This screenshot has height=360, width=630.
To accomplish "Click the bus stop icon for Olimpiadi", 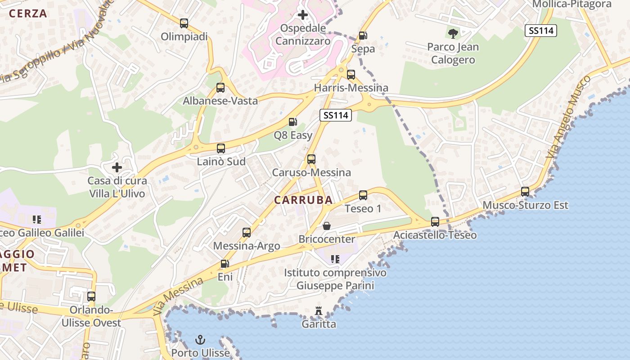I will [x=184, y=23].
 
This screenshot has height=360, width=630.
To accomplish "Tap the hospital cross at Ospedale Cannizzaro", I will [x=303, y=15].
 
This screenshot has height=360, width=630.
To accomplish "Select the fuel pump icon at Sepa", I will [x=363, y=36].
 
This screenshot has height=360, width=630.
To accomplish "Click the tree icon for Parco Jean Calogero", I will [x=453, y=33].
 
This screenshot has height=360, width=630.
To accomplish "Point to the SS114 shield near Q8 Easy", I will [x=336, y=115].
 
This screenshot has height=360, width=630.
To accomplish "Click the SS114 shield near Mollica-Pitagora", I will [x=541, y=31].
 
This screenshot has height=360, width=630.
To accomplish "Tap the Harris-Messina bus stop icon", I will [x=351, y=75].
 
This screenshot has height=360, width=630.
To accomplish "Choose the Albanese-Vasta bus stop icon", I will [x=220, y=88].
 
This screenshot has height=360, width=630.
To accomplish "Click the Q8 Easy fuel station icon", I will [x=292, y=122].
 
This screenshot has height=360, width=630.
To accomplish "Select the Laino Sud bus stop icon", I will [x=221, y=148].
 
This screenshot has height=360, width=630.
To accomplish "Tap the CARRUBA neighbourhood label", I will [x=304, y=200].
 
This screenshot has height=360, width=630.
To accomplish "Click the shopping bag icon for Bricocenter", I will [x=327, y=226].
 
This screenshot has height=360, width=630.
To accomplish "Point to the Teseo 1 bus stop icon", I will [x=363, y=195].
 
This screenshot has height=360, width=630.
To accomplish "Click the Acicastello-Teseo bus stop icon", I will [x=435, y=222].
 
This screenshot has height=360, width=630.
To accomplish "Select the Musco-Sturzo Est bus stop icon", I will [x=525, y=192].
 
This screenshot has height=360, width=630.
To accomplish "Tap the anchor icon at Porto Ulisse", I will [x=200, y=340].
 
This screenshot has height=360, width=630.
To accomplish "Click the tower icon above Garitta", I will [x=319, y=310].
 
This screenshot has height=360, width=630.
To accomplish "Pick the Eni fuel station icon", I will [x=225, y=264].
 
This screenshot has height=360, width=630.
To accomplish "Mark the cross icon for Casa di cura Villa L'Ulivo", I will [x=117, y=168].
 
